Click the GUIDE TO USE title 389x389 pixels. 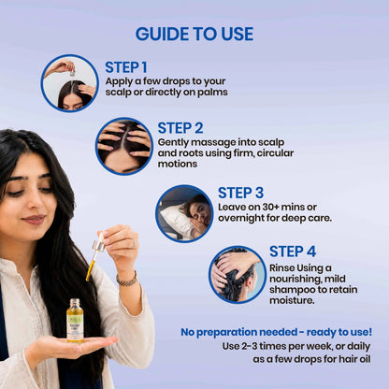[x=194, y=34]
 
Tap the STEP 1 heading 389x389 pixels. [x=126, y=67]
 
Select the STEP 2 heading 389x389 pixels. [x=180, y=128]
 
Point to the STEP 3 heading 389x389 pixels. [x=240, y=193]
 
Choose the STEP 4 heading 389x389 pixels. [x=293, y=252]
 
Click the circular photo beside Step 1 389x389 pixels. [x=69, y=83]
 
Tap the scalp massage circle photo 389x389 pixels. [x=124, y=147]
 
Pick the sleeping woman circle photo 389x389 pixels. [x=184, y=214]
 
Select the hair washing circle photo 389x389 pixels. [x=238, y=275]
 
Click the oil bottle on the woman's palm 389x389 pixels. [x=75, y=321]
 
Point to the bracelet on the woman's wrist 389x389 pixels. [x=127, y=280]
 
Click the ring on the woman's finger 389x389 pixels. [x=134, y=243]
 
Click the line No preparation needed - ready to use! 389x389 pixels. [x=276, y=332]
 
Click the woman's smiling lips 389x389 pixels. [x=34, y=220]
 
